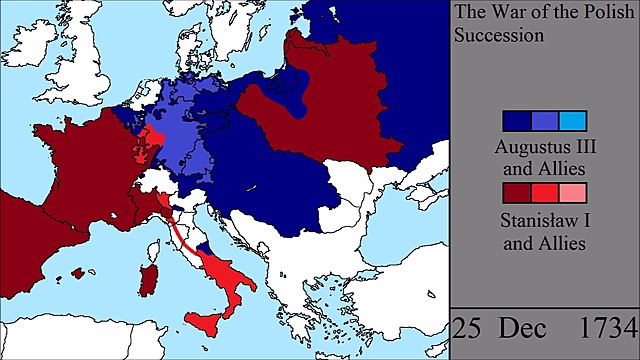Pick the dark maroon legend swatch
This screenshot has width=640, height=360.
coord(517,193)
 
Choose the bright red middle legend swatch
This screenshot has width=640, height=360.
coord(544,193)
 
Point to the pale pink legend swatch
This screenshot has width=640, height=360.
coord(571,193)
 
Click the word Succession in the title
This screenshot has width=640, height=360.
coord(498,34)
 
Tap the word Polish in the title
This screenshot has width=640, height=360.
coord(592,13)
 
